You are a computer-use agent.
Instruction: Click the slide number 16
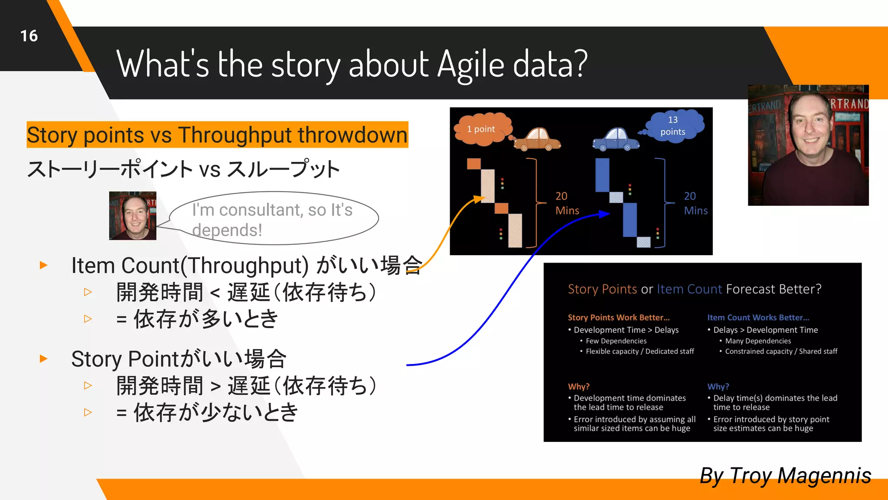(29, 36)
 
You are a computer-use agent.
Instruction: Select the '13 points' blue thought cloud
(673, 125)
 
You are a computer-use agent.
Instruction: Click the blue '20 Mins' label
(695, 203)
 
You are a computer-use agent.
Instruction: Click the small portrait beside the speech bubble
(133, 216)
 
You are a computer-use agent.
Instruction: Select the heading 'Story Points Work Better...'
(618, 318)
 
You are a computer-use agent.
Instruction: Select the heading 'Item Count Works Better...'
(758, 318)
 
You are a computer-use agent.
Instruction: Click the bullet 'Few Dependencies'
(616, 341)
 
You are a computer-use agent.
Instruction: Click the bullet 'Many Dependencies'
(757, 341)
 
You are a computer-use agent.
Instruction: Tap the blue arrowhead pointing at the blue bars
(605, 214)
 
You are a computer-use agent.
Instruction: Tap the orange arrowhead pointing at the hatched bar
(479, 199)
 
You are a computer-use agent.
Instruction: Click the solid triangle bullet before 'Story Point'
(43, 359)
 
